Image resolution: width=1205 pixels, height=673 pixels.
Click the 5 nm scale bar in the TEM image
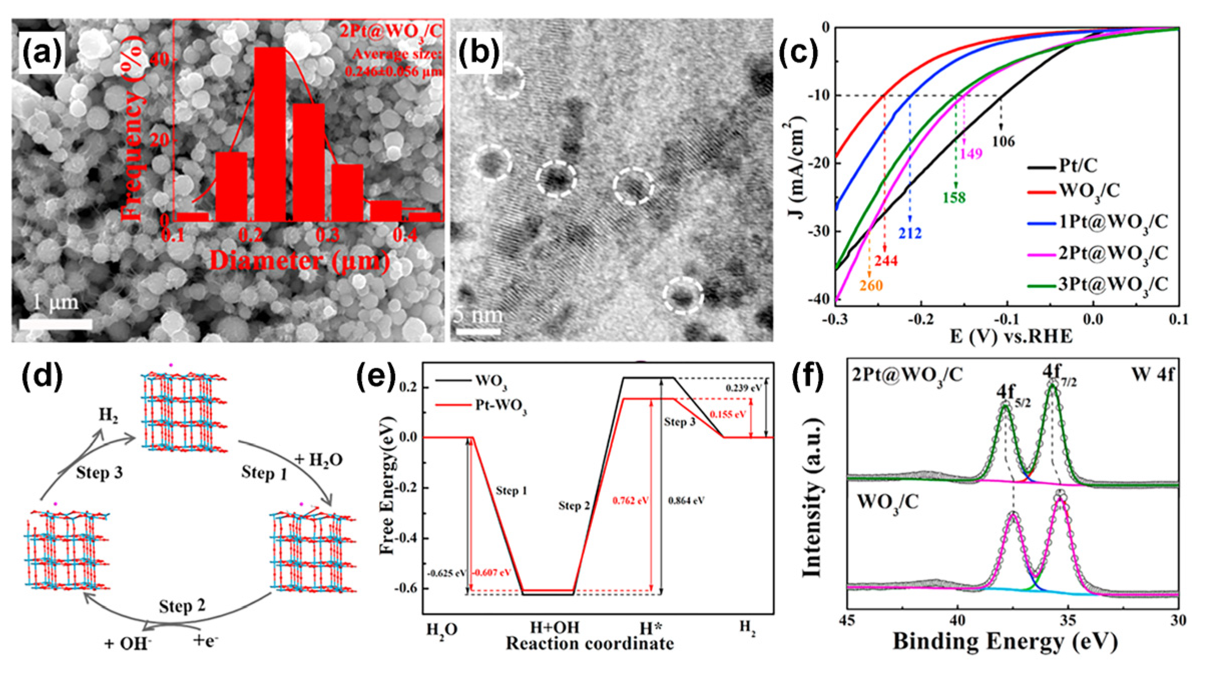tap(478, 331)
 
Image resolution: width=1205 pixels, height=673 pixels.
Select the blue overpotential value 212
tap(909, 233)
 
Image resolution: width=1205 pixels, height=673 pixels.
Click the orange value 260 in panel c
tap(871, 285)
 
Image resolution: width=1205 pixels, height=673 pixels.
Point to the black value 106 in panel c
tap(1004, 142)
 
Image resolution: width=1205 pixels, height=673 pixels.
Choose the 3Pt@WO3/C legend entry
tap(1097, 285)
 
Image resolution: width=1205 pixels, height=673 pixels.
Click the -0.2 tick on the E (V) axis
tap(920, 319)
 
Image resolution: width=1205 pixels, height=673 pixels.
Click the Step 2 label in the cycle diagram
tap(182, 606)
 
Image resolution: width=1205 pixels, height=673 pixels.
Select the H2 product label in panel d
tap(108, 415)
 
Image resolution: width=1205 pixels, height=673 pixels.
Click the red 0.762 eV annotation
tap(630, 500)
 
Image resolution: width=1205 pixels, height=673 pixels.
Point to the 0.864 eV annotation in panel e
tap(686, 500)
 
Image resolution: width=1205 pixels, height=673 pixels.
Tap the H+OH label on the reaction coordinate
tap(555, 627)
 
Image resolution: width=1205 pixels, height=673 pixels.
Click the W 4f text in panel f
tap(1152, 374)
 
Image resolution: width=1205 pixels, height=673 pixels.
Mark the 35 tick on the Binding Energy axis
tap(1068, 620)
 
